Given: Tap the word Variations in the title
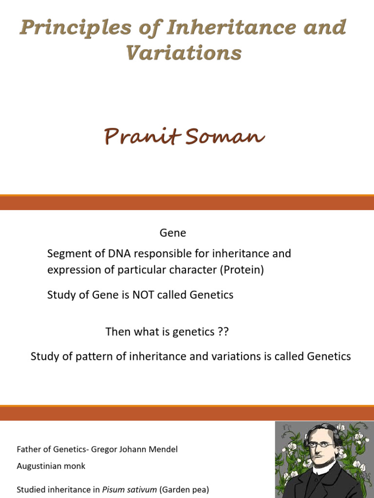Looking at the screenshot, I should coord(184,53).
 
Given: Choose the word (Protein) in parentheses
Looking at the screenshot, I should coord(242,270).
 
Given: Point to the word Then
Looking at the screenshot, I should coord(118,332).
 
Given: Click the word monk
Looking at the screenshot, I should coord(75,466).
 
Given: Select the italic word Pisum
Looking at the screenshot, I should coord(112,490).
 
